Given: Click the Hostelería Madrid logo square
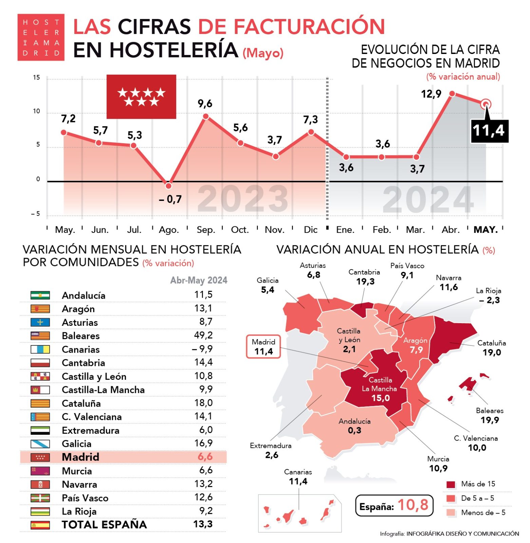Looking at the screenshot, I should pyautogui.click(x=41, y=37).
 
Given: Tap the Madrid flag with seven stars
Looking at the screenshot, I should pyautogui.click(x=141, y=97).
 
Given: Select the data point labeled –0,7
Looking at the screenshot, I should pyautogui.click(x=169, y=186).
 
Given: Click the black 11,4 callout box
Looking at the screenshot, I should pyautogui.click(x=489, y=131).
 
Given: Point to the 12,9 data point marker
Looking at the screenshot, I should pyautogui.click(x=452, y=93).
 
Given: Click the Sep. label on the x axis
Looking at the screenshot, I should pyautogui.click(x=206, y=230).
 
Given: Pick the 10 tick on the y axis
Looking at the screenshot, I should pyautogui.click(x=36, y=111).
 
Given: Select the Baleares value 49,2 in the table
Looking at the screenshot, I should pyautogui.click(x=203, y=335).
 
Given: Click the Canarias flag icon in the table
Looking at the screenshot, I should pyautogui.click(x=40, y=349).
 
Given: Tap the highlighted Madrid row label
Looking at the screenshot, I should pyautogui.click(x=80, y=457).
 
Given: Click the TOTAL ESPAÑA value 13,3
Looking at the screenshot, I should pyautogui.click(x=203, y=524).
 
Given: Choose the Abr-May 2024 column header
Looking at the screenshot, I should pyautogui.click(x=199, y=280).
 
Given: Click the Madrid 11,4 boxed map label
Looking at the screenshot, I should pyautogui.click(x=263, y=347).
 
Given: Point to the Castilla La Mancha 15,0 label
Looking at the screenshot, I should pyautogui.click(x=380, y=389).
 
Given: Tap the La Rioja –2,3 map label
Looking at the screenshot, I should pyautogui.click(x=489, y=296).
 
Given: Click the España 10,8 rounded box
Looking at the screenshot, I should pyautogui.click(x=394, y=505).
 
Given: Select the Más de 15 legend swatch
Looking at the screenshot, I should pyautogui.click(x=451, y=484).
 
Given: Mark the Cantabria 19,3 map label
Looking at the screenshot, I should pyautogui.click(x=364, y=277).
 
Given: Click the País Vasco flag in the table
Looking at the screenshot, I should pyautogui.click(x=40, y=498).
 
